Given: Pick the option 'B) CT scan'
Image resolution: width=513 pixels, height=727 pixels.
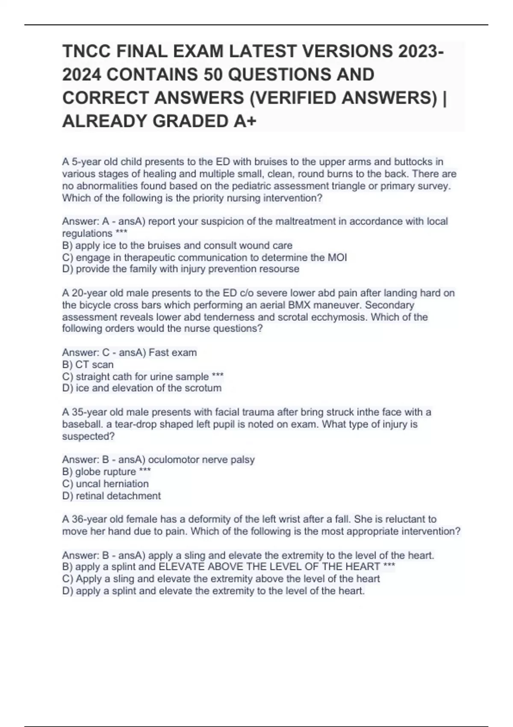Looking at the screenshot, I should coord(88,365).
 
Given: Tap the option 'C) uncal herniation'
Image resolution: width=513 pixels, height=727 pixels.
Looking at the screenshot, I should coord(105,484).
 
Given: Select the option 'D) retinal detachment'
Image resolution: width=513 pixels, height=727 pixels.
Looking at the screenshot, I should coord(111,496).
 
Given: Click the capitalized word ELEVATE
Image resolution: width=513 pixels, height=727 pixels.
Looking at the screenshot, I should coord(181,567).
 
